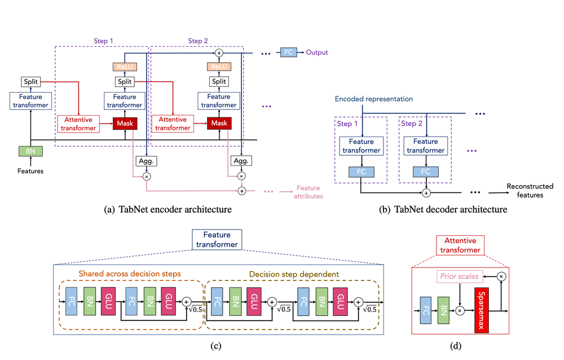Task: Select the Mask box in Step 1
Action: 125,122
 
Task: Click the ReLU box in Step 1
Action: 125,67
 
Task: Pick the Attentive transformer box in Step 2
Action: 173,123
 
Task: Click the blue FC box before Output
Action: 288,52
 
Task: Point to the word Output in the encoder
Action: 317,52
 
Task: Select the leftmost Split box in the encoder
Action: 30,82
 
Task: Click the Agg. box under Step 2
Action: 241,161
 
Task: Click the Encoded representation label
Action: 373,99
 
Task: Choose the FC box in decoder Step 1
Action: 362,171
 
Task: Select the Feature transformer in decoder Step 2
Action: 425,146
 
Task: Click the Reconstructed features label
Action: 530,190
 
